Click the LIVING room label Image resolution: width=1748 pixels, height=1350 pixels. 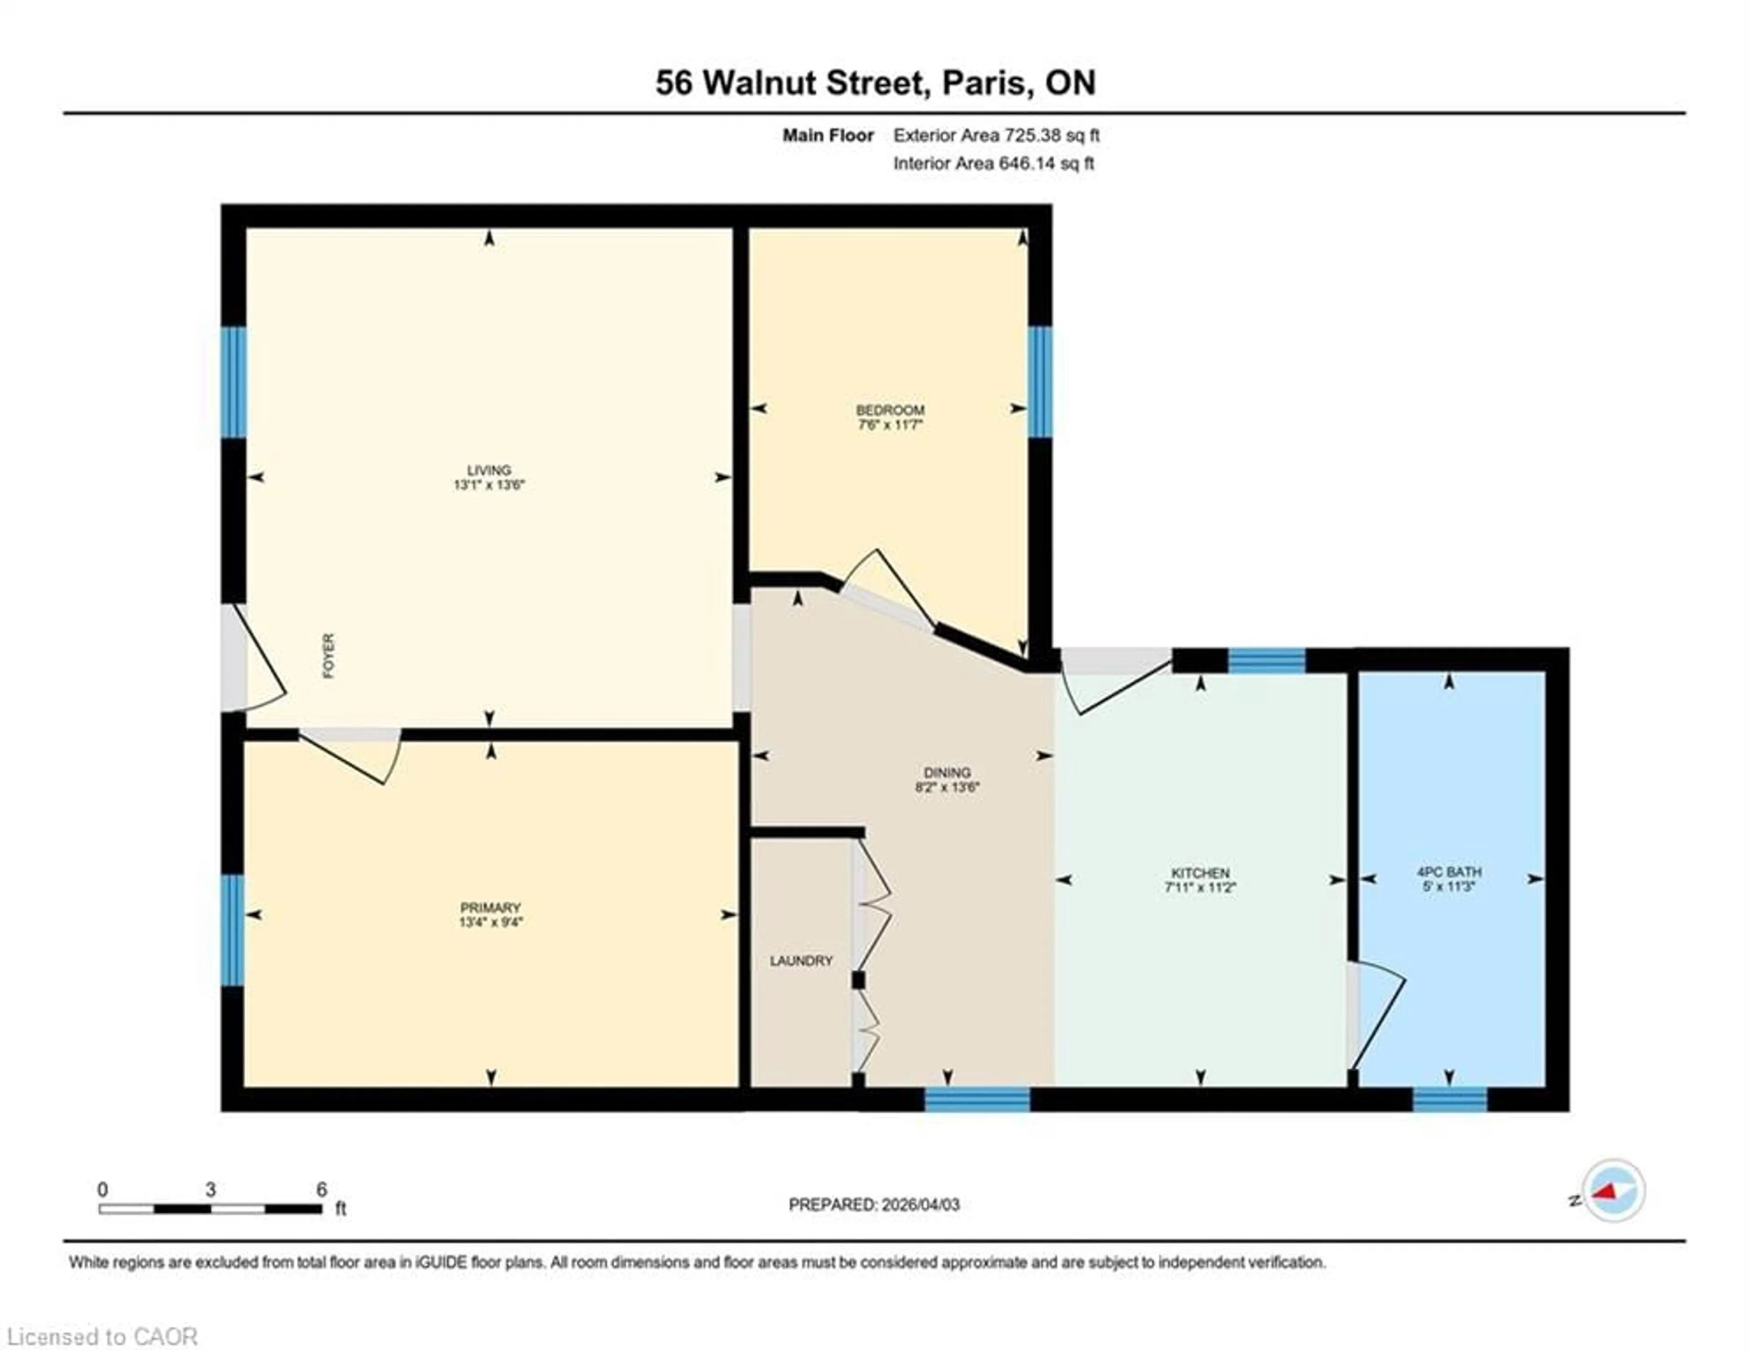(x=488, y=470)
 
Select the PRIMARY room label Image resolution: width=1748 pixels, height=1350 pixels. (x=490, y=907)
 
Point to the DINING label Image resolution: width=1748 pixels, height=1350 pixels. (x=947, y=772)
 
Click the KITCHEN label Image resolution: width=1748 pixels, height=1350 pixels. (x=1200, y=872)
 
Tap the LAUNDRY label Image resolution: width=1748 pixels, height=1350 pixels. (x=801, y=960)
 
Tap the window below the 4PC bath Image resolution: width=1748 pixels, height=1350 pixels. (x=1449, y=1100)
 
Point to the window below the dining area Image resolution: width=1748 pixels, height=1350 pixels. (x=977, y=1100)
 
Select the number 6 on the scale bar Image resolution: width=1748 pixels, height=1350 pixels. (x=321, y=1189)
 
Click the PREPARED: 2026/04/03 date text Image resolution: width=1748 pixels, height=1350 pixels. (x=874, y=1204)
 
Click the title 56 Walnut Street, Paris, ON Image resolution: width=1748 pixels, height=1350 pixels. (x=875, y=82)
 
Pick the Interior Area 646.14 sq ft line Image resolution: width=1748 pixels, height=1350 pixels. (x=993, y=163)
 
